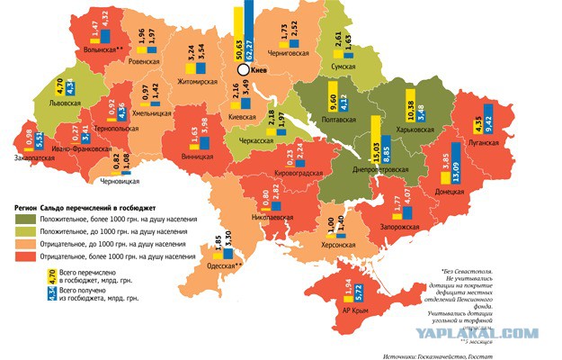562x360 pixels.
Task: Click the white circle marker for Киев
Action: click(x=243, y=68)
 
